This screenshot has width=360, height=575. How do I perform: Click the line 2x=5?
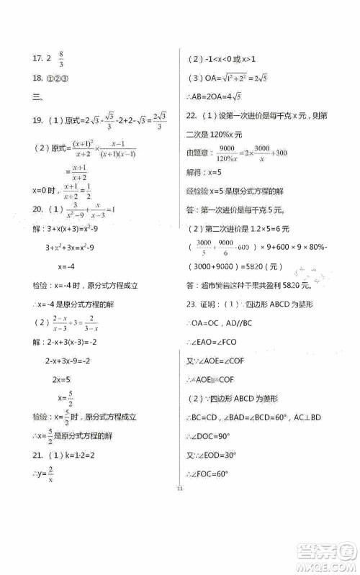click(x=60, y=378)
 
